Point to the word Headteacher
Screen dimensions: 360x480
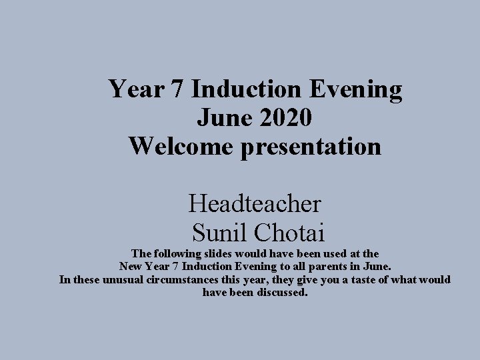click(x=255, y=203)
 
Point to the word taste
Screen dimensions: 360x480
click(x=364, y=279)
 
